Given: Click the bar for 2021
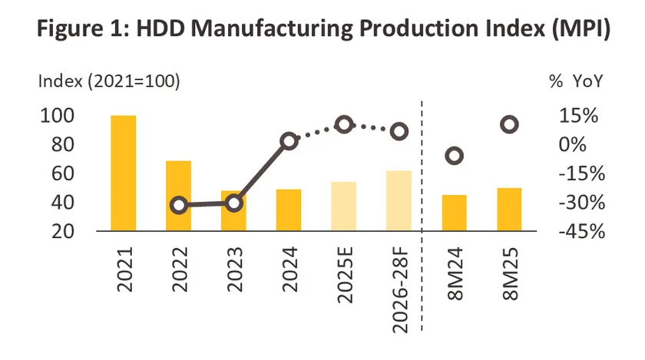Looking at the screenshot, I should [124, 173].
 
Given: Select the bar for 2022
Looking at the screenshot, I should [178, 196].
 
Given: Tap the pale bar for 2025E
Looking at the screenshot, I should [344, 206].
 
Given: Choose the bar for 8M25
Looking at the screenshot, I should [509, 210].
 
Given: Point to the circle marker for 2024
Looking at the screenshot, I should [289, 140].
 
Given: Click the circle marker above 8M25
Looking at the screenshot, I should [509, 124].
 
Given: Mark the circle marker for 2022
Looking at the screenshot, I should [179, 205].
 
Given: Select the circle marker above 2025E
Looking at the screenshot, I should [344, 124].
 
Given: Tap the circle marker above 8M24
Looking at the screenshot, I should [454, 156].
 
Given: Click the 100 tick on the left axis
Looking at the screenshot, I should [57, 116].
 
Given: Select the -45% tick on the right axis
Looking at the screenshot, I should [580, 232].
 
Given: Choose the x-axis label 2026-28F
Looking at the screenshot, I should [399, 288].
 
